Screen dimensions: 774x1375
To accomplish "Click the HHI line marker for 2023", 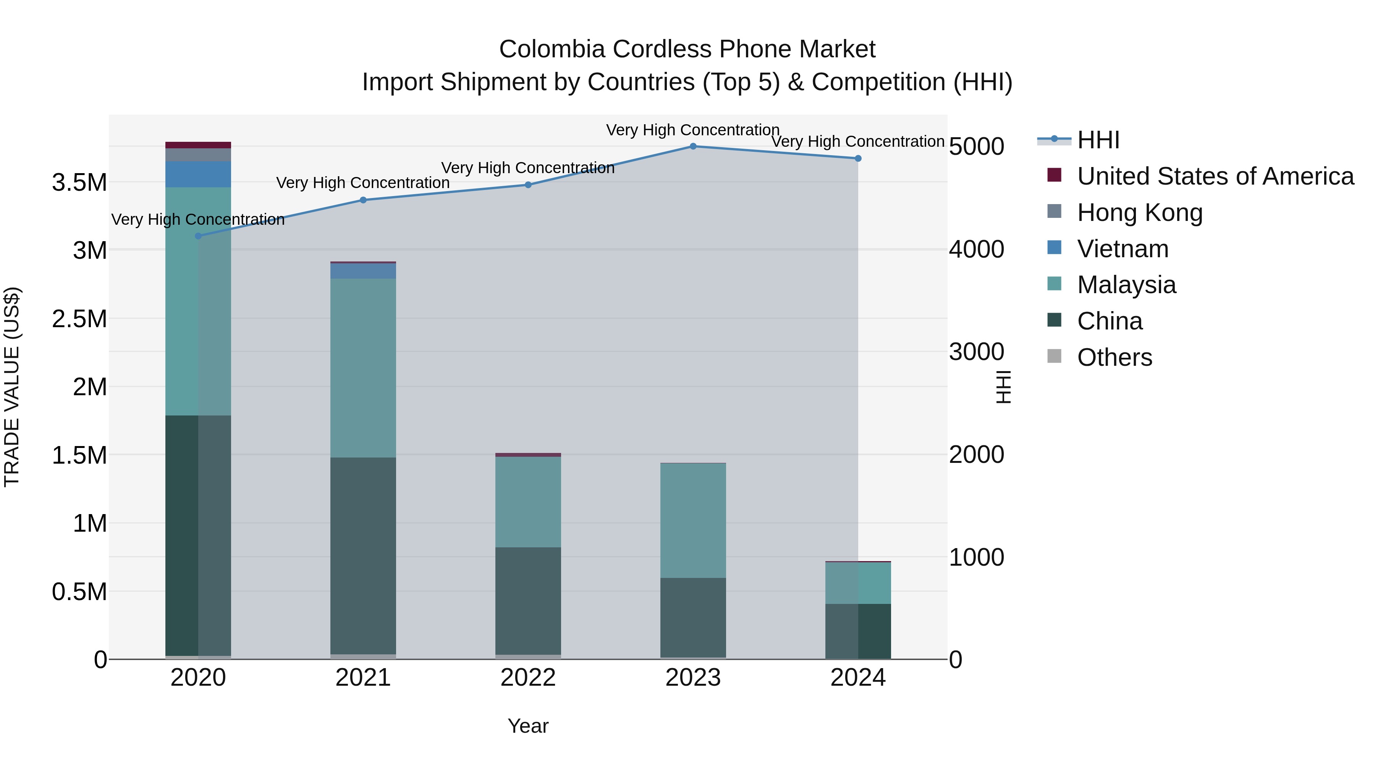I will (x=693, y=146).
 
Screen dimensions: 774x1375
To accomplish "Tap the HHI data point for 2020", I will (x=198, y=236).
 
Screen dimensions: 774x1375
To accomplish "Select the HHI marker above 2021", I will (x=363, y=200).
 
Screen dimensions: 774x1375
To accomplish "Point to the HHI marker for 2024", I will (x=858, y=159).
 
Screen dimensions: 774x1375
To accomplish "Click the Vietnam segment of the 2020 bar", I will (x=198, y=174).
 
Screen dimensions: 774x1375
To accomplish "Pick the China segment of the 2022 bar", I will (x=528, y=600).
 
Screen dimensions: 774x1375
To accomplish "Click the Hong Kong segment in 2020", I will (x=198, y=155).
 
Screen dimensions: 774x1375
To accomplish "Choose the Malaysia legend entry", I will (x=1126, y=285).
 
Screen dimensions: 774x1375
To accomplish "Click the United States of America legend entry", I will (x=1215, y=176).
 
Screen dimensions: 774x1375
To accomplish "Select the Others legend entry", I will (x=1115, y=357).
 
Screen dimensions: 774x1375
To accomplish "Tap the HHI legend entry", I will (x=1098, y=140).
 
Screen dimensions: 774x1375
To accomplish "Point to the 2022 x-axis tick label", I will (x=528, y=678).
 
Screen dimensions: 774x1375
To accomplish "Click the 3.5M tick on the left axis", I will (x=79, y=183).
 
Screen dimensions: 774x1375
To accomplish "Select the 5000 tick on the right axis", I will (x=976, y=146).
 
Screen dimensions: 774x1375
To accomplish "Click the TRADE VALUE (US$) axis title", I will (x=12, y=387).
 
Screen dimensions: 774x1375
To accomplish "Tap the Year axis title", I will (x=528, y=726).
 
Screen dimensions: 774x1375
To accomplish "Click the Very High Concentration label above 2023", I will (x=693, y=130).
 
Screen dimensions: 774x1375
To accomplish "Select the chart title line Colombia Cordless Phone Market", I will (x=687, y=49).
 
